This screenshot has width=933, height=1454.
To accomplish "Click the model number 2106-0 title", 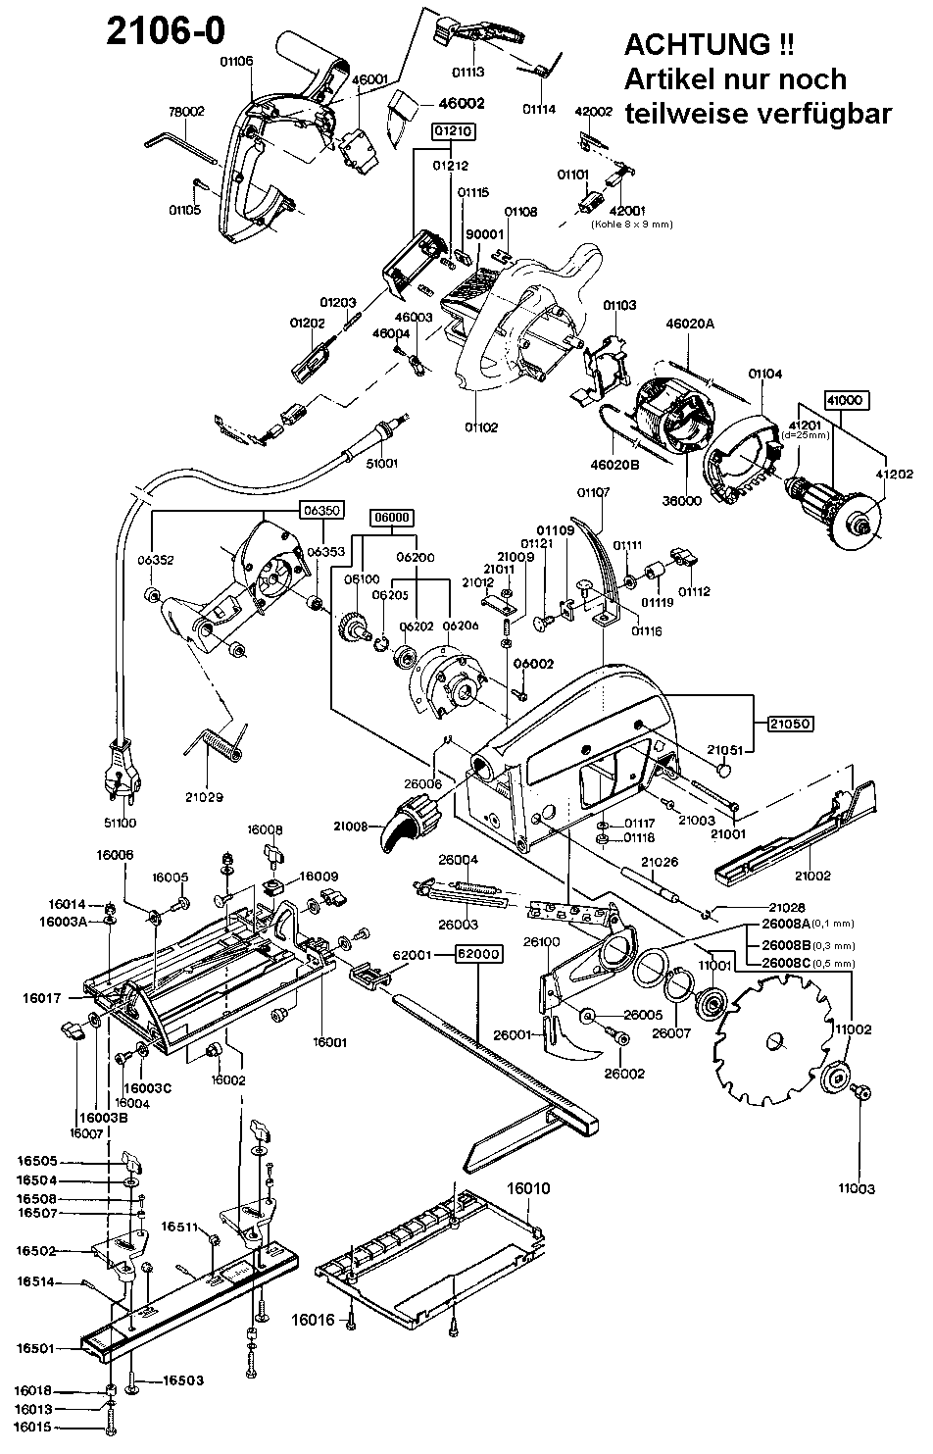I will (166, 30).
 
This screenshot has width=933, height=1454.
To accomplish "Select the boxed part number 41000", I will (848, 401).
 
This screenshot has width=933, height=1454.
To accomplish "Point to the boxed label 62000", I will (477, 953).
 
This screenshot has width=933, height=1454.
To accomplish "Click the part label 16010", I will (528, 1189).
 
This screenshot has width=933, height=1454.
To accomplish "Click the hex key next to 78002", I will (183, 146).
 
